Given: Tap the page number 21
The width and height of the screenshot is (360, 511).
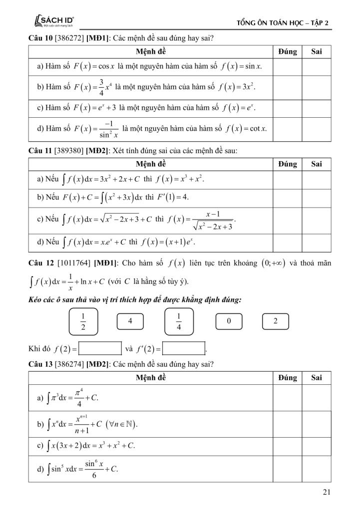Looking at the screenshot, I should point(327,493).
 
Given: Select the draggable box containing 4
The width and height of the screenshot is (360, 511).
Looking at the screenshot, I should point(129,321).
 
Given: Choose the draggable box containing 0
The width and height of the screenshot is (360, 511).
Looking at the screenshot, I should point(228,321).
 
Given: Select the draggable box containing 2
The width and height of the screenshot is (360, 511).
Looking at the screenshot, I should point(275,321).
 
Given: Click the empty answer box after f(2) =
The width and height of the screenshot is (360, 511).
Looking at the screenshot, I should point(100,348).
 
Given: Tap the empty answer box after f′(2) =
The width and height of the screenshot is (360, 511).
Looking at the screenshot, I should point(184,348).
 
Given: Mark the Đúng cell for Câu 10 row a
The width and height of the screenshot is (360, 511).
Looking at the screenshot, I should point(287,66).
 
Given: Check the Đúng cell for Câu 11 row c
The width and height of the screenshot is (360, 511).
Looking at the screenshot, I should point(287,220).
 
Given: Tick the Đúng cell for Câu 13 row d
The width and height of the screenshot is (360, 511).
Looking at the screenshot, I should point(287,469).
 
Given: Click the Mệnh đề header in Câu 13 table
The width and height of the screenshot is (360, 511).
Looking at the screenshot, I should point(151,378).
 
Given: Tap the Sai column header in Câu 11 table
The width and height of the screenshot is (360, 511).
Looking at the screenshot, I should point(316,164).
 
